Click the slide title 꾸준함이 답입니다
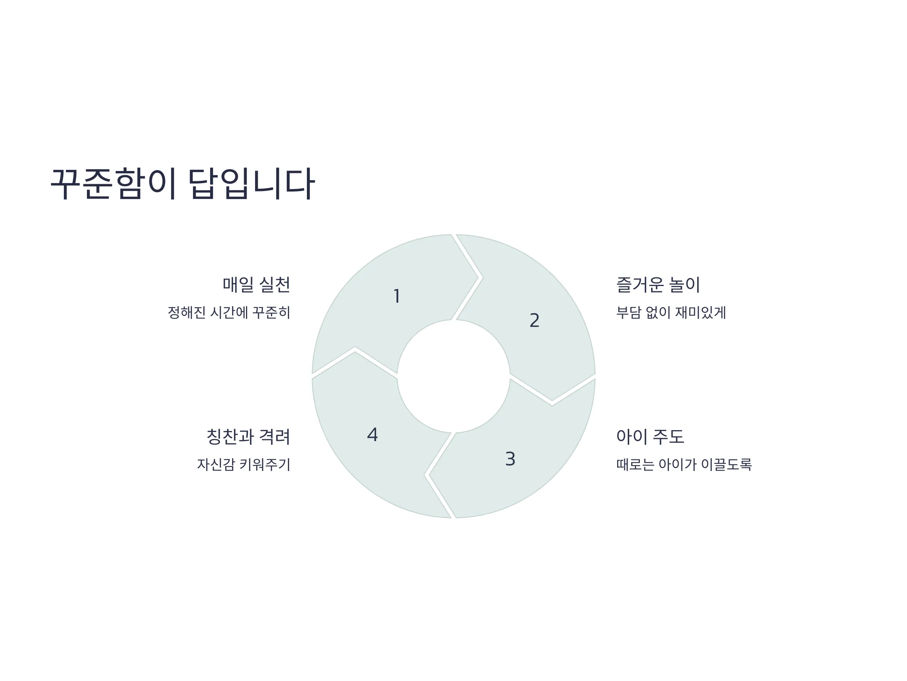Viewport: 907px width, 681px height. (183, 183)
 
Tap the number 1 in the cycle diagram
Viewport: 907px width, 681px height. (396, 296)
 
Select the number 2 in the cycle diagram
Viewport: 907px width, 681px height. (534, 320)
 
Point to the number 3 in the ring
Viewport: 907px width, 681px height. (510, 459)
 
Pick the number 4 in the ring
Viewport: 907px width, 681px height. (372, 434)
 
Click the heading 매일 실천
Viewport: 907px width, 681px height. (256, 285)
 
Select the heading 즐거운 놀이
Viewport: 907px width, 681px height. (658, 285)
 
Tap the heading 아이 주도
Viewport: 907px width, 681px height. (650, 436)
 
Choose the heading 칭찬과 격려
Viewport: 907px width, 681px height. (248, 436)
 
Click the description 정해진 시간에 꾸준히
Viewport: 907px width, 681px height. (229, 313)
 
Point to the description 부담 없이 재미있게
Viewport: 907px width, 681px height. (671, 313)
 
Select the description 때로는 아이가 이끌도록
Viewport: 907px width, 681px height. (684, 464)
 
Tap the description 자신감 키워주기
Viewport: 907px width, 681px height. (243, 464)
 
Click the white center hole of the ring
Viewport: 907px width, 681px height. (453, 376)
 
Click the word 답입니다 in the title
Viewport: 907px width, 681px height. (251, 183)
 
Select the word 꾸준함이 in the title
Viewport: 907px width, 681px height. (114, 183)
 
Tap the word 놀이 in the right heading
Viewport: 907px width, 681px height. (684, 285)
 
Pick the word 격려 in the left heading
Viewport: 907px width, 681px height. (275, 436)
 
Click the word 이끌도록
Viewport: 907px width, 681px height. (726, 464)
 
